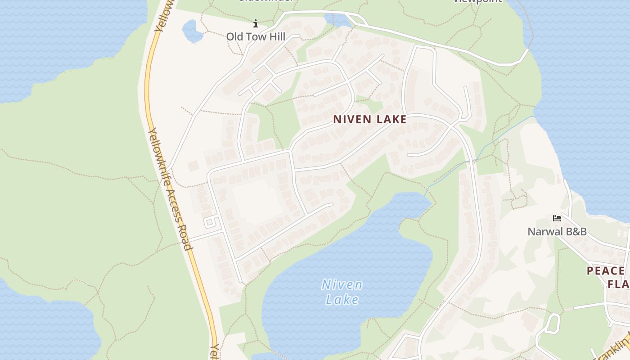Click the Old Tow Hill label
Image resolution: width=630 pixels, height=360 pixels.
click(256, 36)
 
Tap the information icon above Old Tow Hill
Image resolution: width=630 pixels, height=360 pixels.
click(256, 23)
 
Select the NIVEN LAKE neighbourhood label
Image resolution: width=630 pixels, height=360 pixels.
click(370, 119)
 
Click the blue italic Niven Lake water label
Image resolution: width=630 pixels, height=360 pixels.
click(342, 292)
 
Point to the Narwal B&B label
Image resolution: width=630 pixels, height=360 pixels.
click(557, 232)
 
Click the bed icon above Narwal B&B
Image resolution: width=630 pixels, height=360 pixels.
click(557, 218)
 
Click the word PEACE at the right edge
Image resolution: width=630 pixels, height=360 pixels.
click(606, 271)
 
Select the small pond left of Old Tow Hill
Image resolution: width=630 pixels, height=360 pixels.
click(193, 31)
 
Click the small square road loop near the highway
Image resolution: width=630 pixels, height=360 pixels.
click(209, 222)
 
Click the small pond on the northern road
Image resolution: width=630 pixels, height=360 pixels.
click(337, 20)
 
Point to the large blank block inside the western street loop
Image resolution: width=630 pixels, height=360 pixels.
click(256, 200)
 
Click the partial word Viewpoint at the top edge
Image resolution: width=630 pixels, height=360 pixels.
click(477, 1)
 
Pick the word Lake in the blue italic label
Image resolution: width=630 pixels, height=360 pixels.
click(342, 300)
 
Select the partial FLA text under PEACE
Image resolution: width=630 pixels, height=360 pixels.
click(618, 284)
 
